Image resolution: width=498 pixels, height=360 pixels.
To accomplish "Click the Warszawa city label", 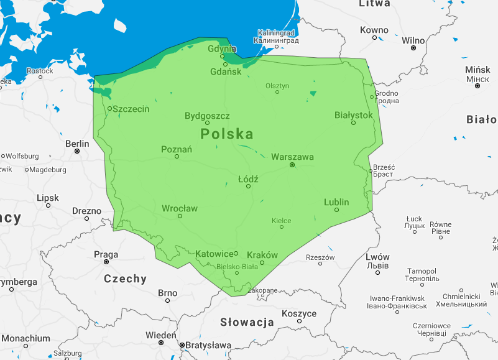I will point(292,157).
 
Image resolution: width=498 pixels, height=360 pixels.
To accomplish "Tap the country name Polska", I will point(227,134).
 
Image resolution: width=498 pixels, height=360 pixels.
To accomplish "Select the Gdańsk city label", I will point(226,72).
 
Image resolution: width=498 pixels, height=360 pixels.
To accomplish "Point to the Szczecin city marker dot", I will point(109,109).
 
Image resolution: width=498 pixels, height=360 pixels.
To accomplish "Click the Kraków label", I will point(262,255).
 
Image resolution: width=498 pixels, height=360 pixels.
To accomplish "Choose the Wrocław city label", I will point(180,208).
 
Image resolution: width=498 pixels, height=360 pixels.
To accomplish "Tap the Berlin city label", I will point(77,144).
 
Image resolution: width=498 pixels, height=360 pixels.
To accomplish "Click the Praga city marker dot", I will point(106,262).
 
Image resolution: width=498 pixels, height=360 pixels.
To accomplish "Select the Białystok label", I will point(353,115).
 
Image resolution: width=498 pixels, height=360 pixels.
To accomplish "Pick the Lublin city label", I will point(336,202).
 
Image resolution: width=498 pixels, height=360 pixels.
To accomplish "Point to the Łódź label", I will point(248,179).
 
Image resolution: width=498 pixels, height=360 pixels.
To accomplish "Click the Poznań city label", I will point(177,149).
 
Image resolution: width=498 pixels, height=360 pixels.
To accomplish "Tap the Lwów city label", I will point(377,257).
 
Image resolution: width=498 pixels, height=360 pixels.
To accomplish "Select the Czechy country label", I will point(125,279).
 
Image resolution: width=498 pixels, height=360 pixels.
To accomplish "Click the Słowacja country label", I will point(247,322).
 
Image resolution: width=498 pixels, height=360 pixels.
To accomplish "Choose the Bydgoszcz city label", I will point(207,116).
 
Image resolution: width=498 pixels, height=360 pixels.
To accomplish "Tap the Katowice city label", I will point(214,254).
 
